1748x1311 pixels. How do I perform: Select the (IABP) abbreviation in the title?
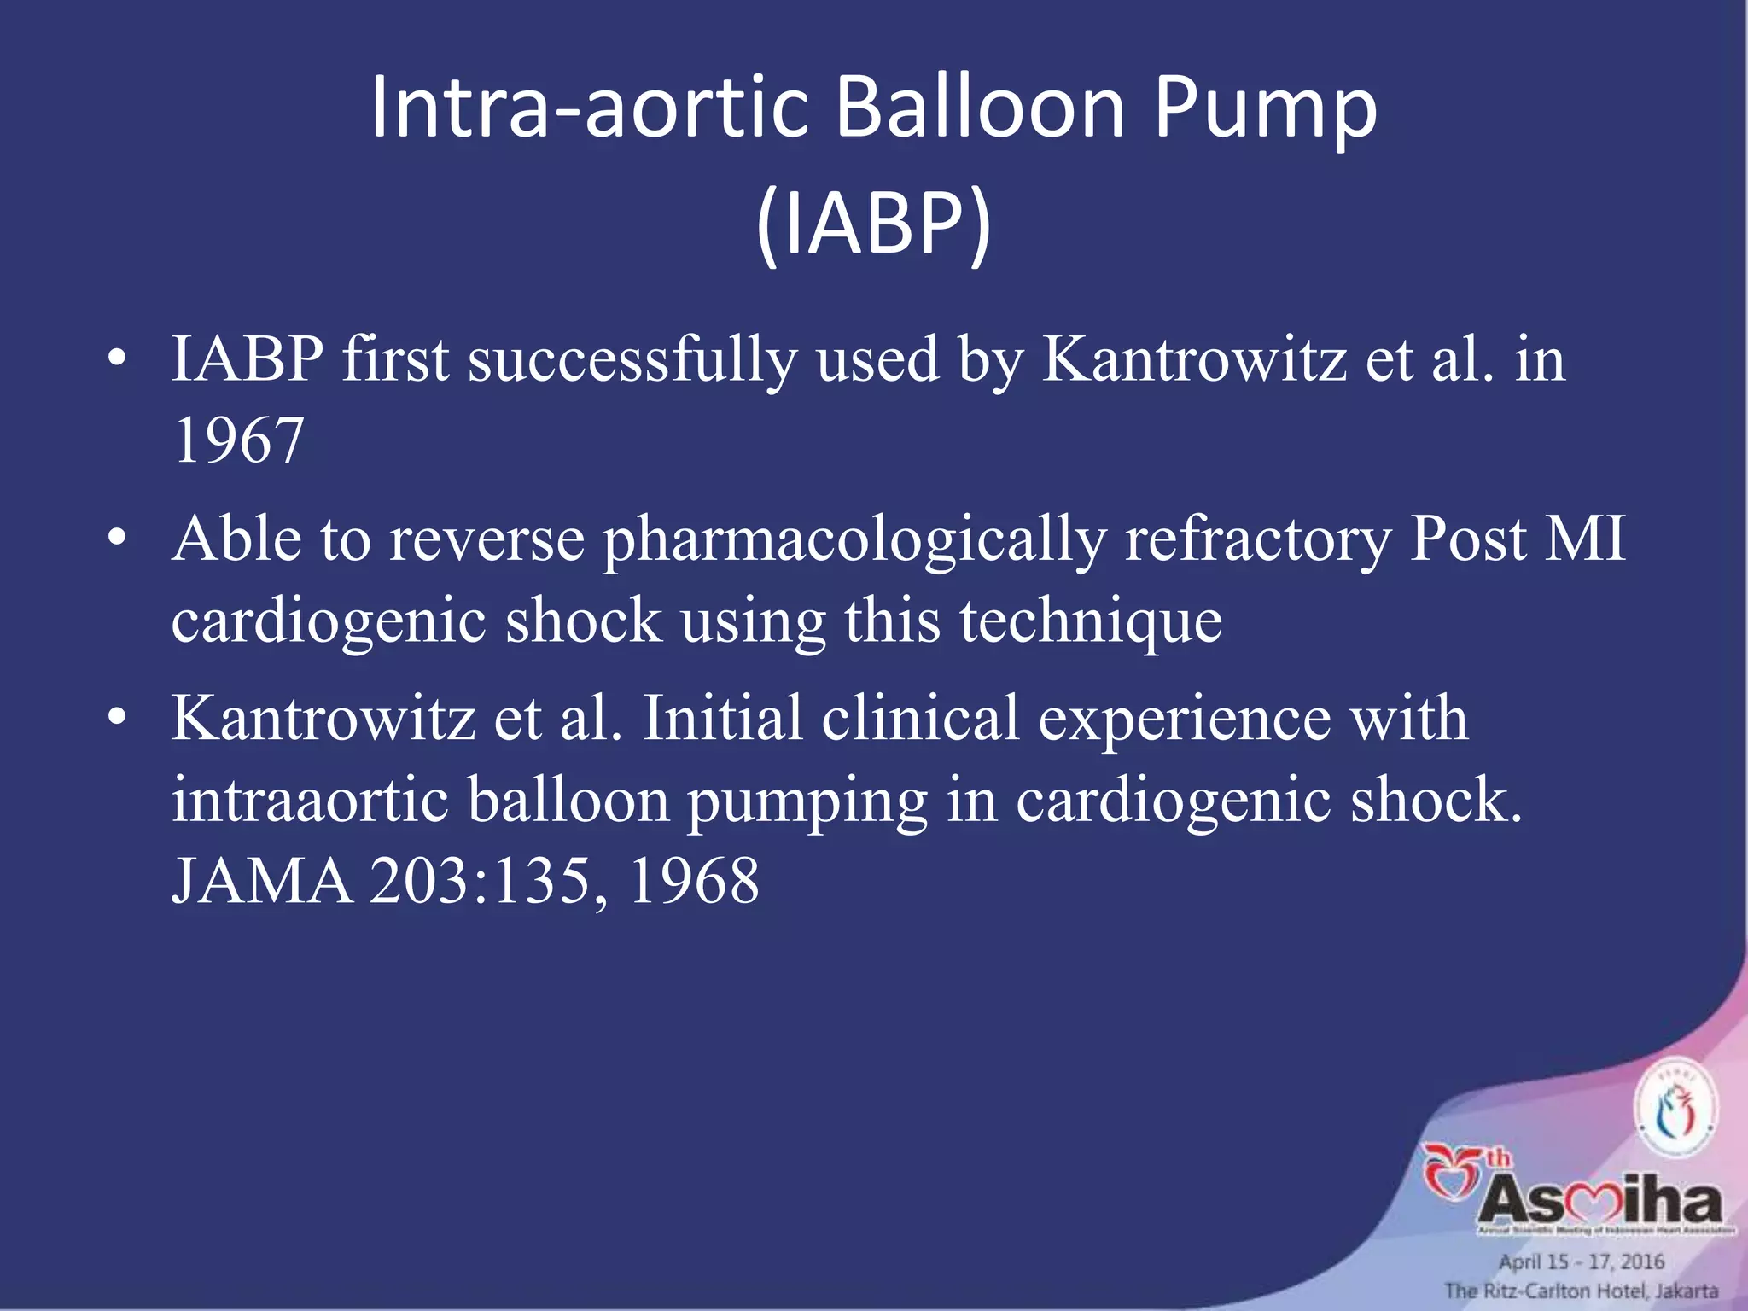(x=874, y=224)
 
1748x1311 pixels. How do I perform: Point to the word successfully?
(x=632, y=359)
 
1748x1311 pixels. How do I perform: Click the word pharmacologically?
(x=854, y=540)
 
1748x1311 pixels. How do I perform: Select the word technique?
(x=1091, y=621)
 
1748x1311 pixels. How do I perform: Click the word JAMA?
(x=262, y=881)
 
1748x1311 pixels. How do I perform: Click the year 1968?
(x=694, y=881)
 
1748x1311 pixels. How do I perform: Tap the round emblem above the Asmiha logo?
(x=1675, y=1108)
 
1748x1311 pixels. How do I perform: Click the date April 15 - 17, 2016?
(x=1582, y=1261)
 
